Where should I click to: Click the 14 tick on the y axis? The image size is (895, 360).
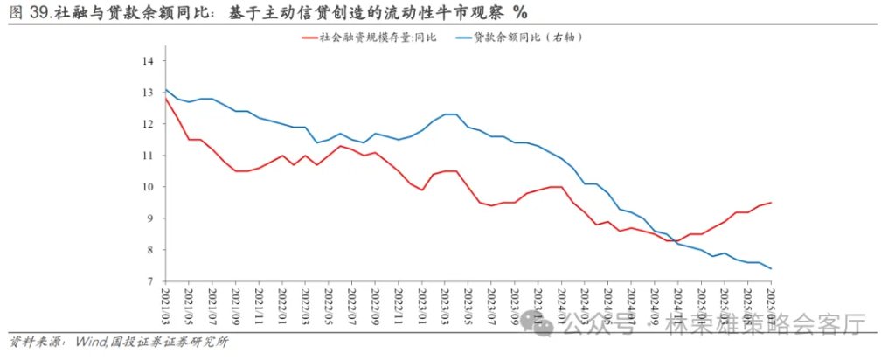(148, 61)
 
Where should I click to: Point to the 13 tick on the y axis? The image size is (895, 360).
(148, 93)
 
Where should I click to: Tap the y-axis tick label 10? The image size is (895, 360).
(148, 187)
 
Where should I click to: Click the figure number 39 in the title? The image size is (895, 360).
(37, 12)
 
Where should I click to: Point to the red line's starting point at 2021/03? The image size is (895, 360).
(165, 98)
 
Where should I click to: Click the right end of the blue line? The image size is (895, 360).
(771, 268)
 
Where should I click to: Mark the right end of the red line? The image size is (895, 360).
(771, 203)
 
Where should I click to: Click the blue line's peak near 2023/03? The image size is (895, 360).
(451, 114)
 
